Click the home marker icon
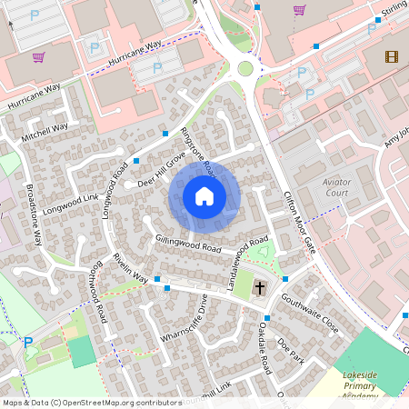point(204,196)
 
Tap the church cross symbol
point(260,288)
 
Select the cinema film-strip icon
point(391,57)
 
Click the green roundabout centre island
point(244,68)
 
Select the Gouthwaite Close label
point(309,310)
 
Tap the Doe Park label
point(290,350)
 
